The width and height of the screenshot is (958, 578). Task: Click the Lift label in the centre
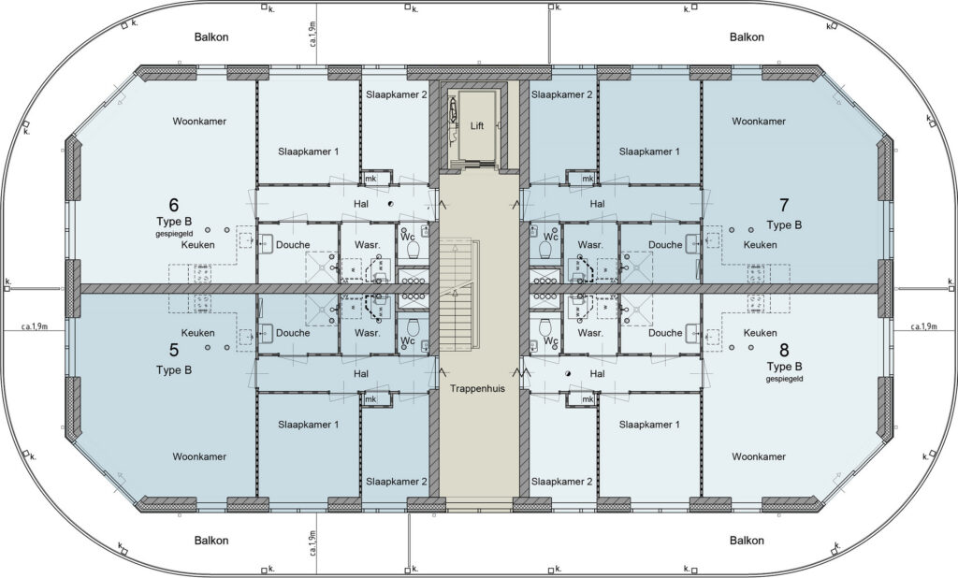point(477,126)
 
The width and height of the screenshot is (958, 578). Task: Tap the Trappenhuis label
point(478,388)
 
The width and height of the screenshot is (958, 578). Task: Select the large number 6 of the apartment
point(173,204)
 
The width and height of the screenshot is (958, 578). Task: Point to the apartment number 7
point(784,204)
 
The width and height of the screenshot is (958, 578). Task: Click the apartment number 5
point(173,350)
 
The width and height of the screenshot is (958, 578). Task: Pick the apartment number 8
point(784,350)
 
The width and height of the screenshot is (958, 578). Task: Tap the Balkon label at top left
point(211,37)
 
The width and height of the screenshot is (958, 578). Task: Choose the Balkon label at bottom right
point(747,541)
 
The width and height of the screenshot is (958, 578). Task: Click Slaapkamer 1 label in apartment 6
point(308,152)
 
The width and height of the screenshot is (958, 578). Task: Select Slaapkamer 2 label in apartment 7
point(561,94)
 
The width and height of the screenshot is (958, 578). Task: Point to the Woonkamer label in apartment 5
point(199,457)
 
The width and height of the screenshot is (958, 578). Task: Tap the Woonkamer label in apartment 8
point(759,457)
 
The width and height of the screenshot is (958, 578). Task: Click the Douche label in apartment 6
point(293,245)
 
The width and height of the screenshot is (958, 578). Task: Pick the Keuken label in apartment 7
point(760,245)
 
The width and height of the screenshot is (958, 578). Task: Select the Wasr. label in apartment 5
point(367,334)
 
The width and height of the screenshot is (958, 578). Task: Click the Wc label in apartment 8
point(550,340)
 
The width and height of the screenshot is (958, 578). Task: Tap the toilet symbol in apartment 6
point(413,250)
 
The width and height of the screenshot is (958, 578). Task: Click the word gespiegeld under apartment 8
point(785,380)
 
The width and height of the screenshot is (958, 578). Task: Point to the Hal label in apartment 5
point(361,374)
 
